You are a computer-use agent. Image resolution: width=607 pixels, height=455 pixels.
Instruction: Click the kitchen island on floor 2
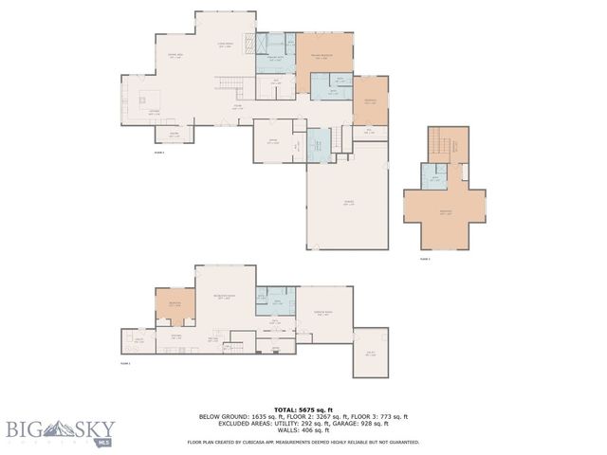coord(145,98)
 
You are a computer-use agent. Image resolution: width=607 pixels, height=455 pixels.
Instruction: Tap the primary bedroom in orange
coord(324,62)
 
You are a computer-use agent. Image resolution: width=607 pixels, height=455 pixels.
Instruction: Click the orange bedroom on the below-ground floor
coord(175,304)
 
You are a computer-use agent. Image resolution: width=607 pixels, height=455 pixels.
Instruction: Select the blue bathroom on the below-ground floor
coord(279,301)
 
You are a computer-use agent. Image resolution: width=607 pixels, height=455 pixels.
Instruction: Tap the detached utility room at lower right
coord(370,353)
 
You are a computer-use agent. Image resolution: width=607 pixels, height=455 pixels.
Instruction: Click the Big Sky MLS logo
coord(57,432)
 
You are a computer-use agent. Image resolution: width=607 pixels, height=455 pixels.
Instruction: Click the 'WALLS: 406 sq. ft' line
coord(303,431)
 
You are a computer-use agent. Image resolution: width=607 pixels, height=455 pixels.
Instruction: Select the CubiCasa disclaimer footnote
coord(303,442)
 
